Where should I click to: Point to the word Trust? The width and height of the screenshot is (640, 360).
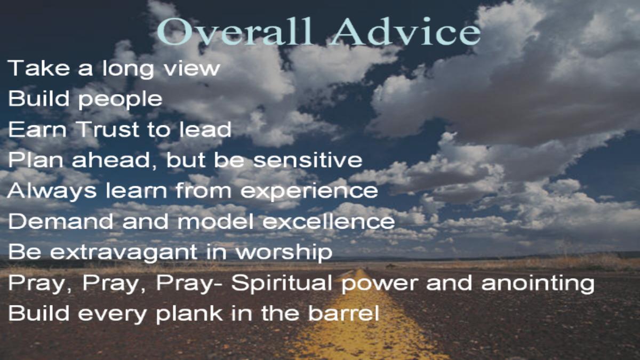coord(108,130)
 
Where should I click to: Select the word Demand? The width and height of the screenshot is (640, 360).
coord(61,221)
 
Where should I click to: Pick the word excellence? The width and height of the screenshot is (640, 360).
coord(329,221)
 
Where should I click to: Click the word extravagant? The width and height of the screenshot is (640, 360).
coord(124,253)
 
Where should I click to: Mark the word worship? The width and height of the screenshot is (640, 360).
coord(284,253)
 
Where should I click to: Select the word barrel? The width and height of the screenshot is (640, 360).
coord(343,313)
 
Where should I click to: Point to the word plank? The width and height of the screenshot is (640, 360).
coord(189,314)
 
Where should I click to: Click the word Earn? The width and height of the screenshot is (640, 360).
coord(37,130)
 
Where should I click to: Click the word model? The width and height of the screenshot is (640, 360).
coord(215,221)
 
